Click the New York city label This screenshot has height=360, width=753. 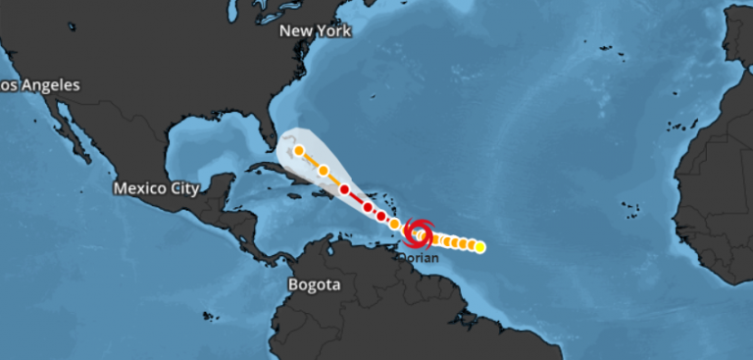point(315,30)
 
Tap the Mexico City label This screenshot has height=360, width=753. point(156,187)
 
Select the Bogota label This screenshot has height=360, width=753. point(314,284)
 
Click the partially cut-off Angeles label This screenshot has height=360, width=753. point(40,85)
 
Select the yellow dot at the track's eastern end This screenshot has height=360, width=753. point(479,247)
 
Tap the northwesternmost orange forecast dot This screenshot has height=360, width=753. point(299,151)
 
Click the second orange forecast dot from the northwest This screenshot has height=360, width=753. point(323,171)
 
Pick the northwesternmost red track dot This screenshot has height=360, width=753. point(345,188)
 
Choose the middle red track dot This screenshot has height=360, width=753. point(368,207)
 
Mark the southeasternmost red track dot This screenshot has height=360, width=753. point(381,215)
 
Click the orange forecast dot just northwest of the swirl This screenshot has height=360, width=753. point(395,225)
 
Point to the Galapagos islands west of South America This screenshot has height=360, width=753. point(209,316)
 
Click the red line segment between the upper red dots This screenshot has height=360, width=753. point(356,197)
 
